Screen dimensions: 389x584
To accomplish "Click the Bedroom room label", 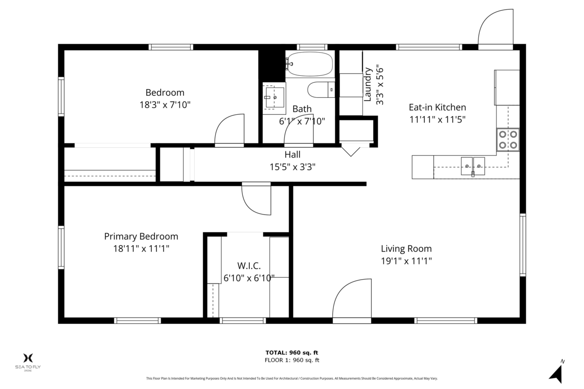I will click(x=165, y=92).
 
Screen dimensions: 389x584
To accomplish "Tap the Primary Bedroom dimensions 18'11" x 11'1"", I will click(x=141, y=248).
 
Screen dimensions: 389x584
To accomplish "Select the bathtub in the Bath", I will click(x=310, y=64).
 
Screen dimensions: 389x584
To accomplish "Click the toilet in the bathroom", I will click(x=321, y=89).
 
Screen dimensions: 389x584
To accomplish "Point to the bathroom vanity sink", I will click(x=274, y=97).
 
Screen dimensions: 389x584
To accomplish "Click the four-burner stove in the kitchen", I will click(x=508, y=139).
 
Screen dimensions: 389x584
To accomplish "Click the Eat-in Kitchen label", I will click(x=437, y=107).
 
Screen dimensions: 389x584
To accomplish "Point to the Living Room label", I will click(x=406, y=248).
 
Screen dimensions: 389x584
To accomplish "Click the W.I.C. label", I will click(x=249, y=266).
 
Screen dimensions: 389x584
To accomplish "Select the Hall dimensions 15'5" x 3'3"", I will click(x=292, y=167).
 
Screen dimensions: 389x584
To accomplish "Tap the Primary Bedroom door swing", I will click(x=257, y=199).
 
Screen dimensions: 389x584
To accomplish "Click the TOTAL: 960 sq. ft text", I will click(x=292, y=353).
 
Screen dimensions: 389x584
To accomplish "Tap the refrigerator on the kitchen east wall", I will click(x=507, y=88).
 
